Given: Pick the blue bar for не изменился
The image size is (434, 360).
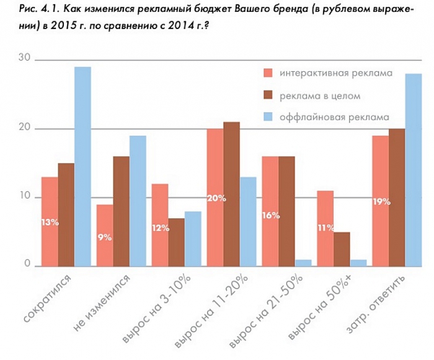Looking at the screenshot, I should click(138, 201).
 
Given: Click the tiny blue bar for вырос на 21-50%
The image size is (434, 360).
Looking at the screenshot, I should click(303, 263).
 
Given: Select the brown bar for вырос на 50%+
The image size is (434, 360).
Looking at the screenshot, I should click(341, 249).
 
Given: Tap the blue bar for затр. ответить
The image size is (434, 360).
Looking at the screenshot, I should click(413, 170).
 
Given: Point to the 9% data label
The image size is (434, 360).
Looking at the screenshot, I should click(104, 237).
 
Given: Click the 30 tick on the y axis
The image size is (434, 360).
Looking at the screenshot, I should click(24, 58).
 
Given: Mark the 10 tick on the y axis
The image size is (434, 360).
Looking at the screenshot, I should click(24, 196).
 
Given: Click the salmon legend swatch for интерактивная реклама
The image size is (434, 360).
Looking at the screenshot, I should click(268, 73).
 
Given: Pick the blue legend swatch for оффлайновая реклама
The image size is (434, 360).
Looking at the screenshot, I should click(268, 116).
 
